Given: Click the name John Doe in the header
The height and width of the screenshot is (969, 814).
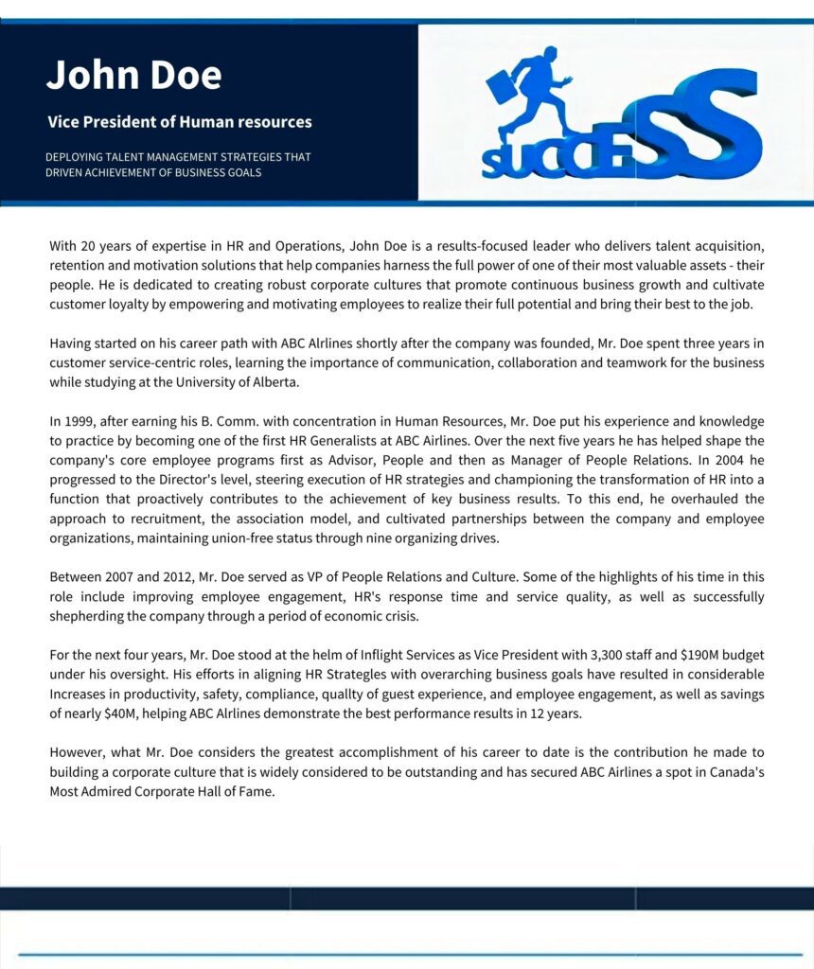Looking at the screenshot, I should coord(133,76).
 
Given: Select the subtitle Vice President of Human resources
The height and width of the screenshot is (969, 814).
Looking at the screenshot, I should coord(179,122).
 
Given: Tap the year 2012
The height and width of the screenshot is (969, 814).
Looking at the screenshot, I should coord(190,576).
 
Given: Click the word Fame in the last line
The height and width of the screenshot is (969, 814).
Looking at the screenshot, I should coord(257,791).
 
